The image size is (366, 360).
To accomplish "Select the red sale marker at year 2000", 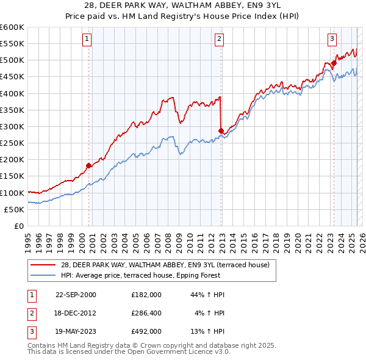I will (x=89, y=165).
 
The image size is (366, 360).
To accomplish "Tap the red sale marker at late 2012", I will (x=221, y=131).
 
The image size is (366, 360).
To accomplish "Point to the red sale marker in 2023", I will (x=334, y=63).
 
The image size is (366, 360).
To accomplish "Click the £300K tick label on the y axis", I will (x=12, y=126).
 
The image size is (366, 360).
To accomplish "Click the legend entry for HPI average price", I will (x=168, y=275).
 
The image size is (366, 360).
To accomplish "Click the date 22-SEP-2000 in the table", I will (x=76, y=295).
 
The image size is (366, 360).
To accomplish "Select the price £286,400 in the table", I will (x=146, y=313).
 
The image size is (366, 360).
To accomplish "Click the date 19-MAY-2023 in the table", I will (x=76, y=331).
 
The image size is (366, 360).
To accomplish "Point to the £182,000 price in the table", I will (x=146, y=295).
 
